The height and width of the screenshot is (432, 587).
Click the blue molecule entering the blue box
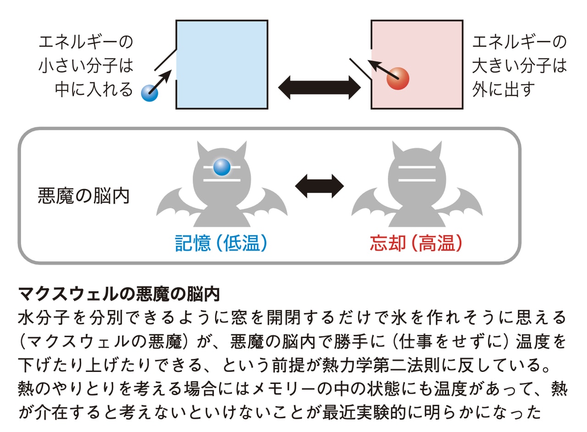tap(150, 93)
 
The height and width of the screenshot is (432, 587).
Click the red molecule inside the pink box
tap(398, 78)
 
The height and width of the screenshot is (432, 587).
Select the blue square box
tap(222, 64)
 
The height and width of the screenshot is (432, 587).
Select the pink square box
tap(417, 64)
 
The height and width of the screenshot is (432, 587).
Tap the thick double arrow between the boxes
tap(320, 87)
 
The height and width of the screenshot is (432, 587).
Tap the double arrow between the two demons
tap(319, 186)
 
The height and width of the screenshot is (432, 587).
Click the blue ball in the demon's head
tap(222, 167)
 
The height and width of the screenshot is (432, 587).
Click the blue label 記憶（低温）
tap(221, 244)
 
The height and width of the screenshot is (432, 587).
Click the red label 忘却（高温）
tap(416, 244)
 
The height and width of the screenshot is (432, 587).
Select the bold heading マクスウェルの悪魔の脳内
tap(119, 294)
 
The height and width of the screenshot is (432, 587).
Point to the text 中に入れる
tap(94, 89)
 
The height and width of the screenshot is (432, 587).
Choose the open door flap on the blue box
tap(165, 61)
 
